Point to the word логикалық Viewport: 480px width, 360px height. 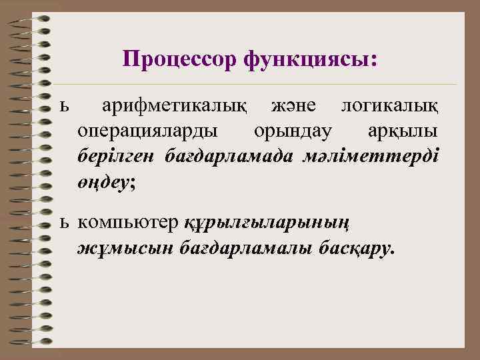point(389,106)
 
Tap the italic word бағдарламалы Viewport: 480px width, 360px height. point(226,248)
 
